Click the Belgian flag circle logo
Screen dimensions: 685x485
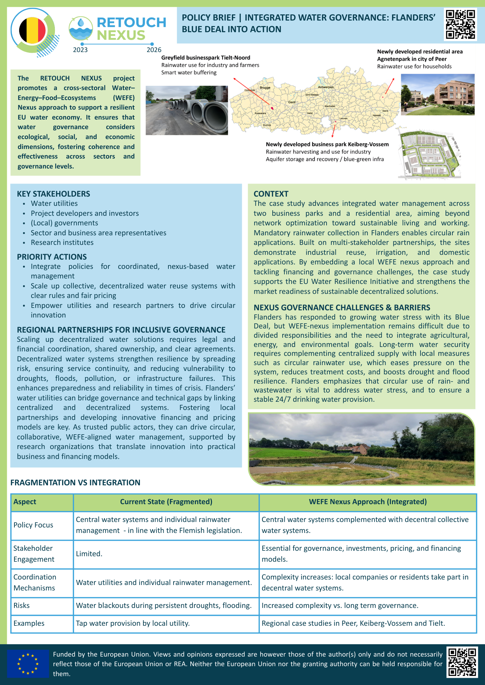point(32,30)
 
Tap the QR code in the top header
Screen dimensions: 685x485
point(460,25)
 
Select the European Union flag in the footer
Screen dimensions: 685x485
point(28,664)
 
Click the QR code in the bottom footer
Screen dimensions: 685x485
point(462,662)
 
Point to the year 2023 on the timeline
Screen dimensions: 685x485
point(80,50)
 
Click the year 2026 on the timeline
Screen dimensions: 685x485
point(154,50)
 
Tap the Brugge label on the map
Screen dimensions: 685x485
point(265,88)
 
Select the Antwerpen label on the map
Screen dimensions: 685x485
point(326,87)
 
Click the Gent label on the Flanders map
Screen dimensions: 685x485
point(292,102)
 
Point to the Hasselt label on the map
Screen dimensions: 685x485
point(377,115)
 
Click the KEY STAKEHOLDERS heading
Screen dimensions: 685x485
point(54,194)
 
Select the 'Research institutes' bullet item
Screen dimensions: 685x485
point(62,242)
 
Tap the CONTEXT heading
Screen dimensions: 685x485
point(271,194)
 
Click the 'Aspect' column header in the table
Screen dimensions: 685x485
point(25,502)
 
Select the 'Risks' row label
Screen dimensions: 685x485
point(22,606)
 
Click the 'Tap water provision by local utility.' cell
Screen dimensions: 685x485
point(133,623)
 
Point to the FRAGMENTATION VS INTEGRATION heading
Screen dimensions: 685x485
point(75,483)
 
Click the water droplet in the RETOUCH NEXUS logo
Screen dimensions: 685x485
point(81,23)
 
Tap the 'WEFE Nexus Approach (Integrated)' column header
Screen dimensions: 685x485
point(368,502)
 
